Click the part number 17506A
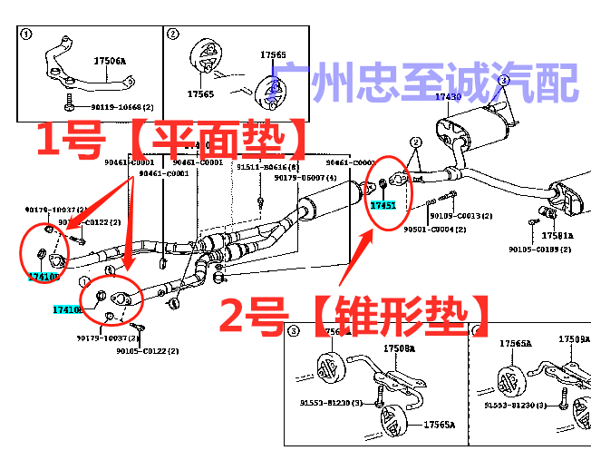click(x=110, y=62)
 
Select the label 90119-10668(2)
click(x=103, y=106)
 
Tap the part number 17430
click(x=448, y=96)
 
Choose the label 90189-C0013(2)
click(x=460, y=216)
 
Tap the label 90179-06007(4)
click(x=305, y=179)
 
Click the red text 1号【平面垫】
click(x=172, y=140)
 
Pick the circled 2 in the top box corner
click(x=172, y=35)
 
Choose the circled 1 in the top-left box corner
click(x=26, y=35)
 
